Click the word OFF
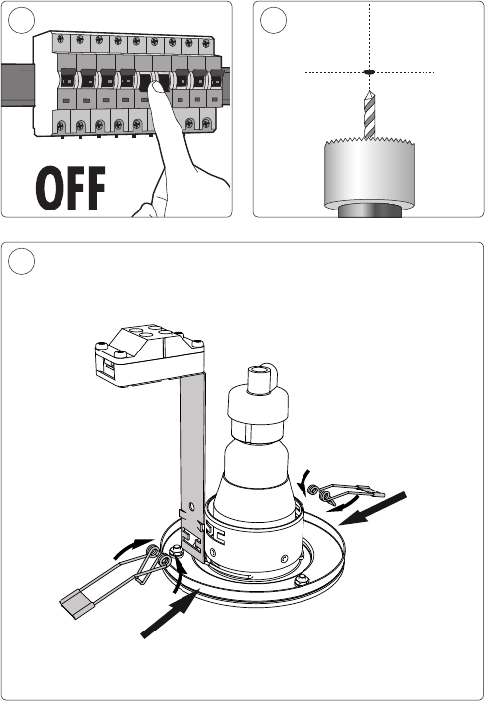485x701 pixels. tap(70, 188)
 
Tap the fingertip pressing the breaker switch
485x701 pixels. tap(157, 86)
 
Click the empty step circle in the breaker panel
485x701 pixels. tap(21, 20)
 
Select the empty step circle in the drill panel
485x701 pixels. tap(273, 20)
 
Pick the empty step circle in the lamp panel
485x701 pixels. tap(21, 261)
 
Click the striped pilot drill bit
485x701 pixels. tap(369, 114)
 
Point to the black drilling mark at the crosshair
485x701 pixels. tap(369, 71)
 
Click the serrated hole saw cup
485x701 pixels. tap(369, 174)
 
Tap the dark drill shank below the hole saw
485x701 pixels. tap(369, 211)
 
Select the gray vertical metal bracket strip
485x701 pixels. tap(193, 465)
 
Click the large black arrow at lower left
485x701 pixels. tap(170, 614)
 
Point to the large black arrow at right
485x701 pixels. tap(372, 508)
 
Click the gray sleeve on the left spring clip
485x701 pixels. tap(73, 604)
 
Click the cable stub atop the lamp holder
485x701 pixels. tap(262, 378)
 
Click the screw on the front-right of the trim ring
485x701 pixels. tap(303, 580)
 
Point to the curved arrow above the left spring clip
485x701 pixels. tap(134, 548)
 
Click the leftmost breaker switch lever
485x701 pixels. tap(67, 79)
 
